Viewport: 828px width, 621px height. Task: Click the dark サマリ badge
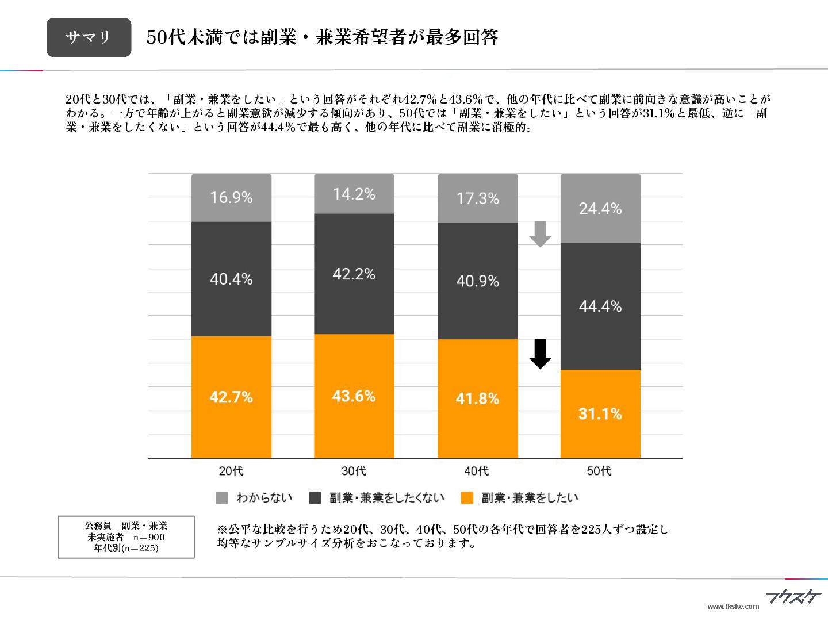pyautogui.click(x=89, y=37)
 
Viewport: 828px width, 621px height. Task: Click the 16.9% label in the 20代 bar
pyautogui.click(x=231, y=197)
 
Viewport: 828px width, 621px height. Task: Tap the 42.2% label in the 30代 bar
pyautogui.click(x=354, y=274)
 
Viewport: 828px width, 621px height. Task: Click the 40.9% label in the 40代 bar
pyautogui.click(x=477, y=281)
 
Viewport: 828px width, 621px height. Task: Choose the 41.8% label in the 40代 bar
pyautogui.click(x=477, y=398)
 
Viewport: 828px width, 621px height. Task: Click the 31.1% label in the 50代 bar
pyautogui.click(x=600, y=413)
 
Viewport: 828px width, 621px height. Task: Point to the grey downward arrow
pyautogui.click(x=540, y=233)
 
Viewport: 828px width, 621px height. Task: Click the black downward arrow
pyautogui.click(x=540, y=354)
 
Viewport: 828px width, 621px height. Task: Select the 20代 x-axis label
pyautogui.click(x=231, y=471)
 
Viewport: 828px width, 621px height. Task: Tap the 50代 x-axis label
pyautogui.click(x=599, y=471)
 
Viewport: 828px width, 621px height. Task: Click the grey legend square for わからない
pyautogui.click(x=221, y=498)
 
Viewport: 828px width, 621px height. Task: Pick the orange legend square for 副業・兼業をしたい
pyautogui.click(x=467, y=498)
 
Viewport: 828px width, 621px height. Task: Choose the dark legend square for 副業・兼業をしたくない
pyautogui.click(x=315, y=498)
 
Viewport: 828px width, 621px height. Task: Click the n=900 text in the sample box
pyautogui.click(x=149, y=537)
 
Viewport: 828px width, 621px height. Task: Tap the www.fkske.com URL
pyautogui.click(x=733, y=606)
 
